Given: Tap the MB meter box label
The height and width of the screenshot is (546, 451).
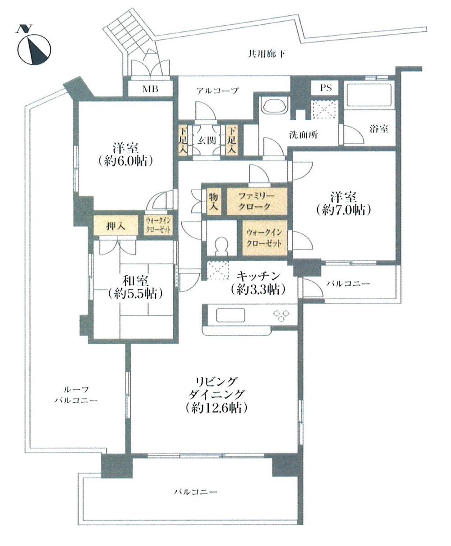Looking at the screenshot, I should coord(151,88).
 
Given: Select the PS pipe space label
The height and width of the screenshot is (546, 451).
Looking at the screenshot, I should coord(326,88).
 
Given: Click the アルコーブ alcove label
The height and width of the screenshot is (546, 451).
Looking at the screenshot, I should coord(217,91).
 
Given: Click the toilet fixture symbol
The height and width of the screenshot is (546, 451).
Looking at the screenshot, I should coord(221,246).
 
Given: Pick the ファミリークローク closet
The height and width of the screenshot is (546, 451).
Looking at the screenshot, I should coord(256,201).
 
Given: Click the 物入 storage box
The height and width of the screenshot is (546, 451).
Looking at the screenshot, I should coord(214,201).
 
